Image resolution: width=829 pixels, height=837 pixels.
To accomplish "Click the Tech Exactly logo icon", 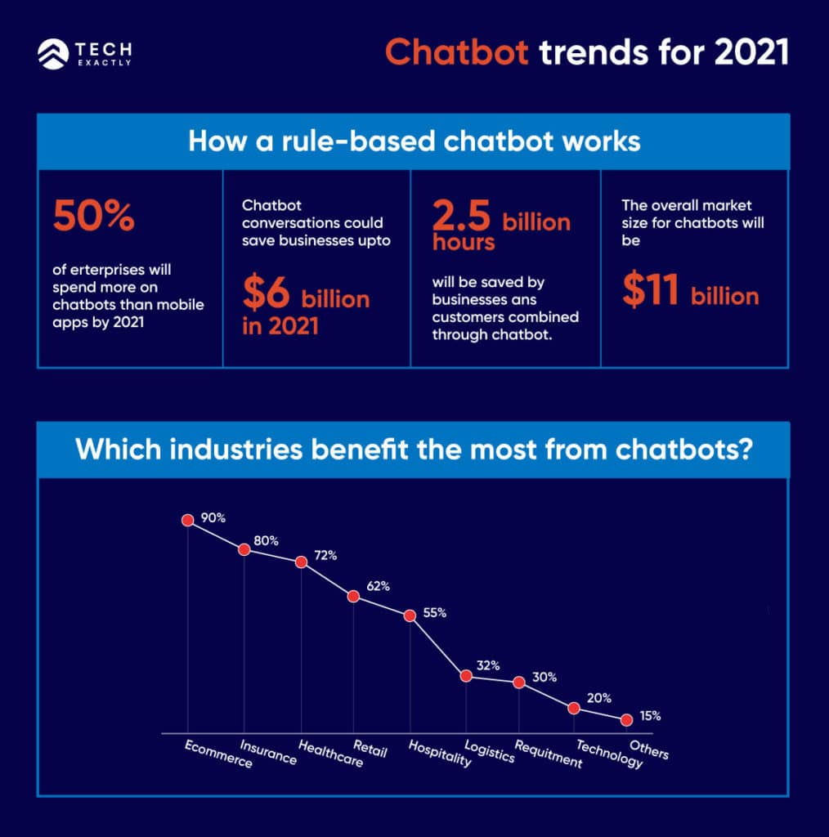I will pos(52,54).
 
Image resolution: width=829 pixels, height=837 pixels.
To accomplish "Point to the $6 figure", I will pos(267,297).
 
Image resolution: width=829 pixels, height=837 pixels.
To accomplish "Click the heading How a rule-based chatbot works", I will pos(414,141).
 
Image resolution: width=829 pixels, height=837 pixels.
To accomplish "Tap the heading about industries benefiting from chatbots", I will pos(414,450).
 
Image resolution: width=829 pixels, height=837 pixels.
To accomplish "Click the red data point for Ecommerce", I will pos(187,520).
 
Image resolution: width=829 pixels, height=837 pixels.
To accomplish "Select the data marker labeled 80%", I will pos(244,549).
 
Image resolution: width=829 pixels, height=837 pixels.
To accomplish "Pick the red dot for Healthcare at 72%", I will pos(301,562).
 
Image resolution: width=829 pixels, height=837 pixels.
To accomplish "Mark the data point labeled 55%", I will pos(410,615).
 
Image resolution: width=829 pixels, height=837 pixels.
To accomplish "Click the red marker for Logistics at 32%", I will pos(466,676).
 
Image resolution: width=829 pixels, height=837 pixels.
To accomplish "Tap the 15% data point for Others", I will pos(626,720).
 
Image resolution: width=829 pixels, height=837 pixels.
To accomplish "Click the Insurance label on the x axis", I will pos(268,752).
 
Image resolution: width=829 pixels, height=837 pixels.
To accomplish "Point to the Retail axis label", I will pos(370,748).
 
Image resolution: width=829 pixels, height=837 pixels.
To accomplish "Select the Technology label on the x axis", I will pos(609,754).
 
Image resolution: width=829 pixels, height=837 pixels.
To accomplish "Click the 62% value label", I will pos(378,586).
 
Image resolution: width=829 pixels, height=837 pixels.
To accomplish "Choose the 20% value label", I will pos(599,698).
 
